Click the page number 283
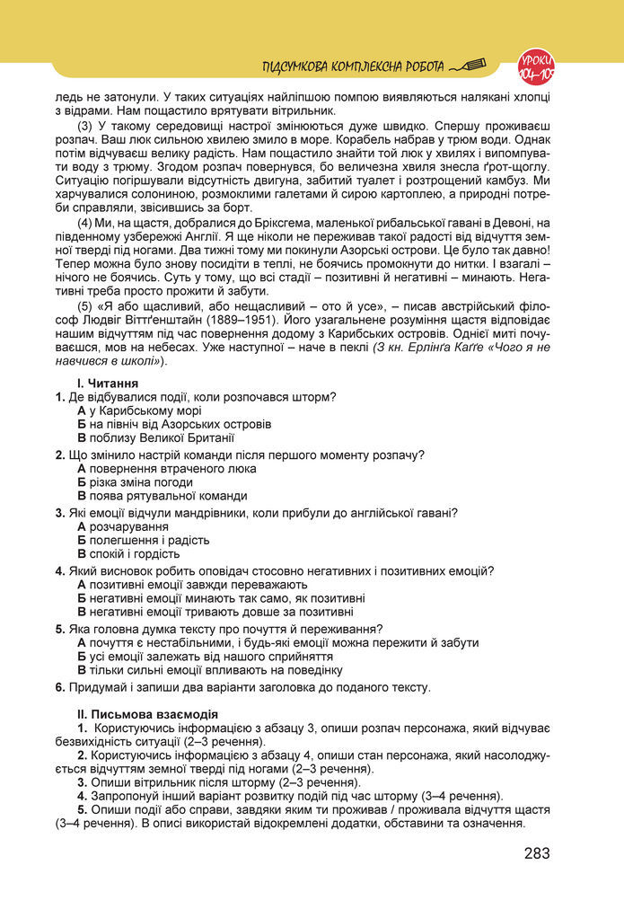click(537, 852)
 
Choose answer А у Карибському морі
click(139, 410)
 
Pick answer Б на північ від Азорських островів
click(174, 424)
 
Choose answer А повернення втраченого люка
click(166, 468)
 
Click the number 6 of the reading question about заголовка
click(58, 687)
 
